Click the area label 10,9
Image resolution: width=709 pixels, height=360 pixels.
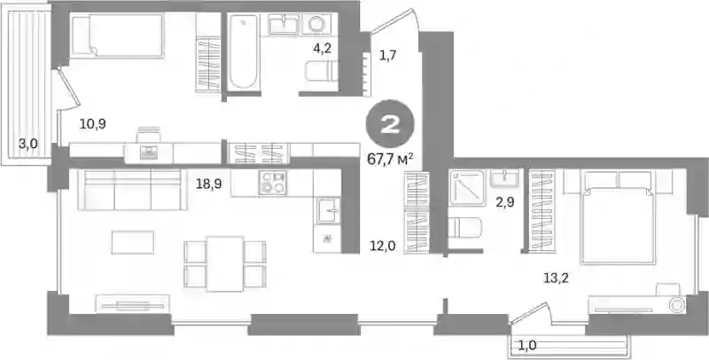93,123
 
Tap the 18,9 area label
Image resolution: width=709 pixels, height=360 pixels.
208,184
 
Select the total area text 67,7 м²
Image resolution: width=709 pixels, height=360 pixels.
391,160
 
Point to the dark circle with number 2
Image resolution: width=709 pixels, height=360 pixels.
390,124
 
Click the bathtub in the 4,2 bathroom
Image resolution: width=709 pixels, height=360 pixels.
243,51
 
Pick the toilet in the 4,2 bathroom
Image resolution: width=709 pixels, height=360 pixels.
322,71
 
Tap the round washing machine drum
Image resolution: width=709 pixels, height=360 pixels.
316,24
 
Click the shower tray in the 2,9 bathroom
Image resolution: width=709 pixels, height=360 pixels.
467,188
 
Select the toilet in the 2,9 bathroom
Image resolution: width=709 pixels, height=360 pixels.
464,228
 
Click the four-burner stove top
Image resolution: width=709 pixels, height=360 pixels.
272,183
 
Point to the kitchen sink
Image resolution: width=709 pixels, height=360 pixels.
328,211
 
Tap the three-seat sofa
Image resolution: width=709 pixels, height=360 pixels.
132,190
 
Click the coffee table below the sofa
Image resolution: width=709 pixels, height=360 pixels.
133,242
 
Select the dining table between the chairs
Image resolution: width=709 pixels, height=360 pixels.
225,263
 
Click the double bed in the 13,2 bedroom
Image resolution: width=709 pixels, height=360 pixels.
618,216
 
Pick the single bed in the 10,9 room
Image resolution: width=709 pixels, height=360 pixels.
118,35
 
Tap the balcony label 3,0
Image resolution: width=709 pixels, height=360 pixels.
28,145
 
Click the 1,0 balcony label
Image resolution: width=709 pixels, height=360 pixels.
526,346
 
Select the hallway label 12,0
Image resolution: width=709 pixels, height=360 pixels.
383,246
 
